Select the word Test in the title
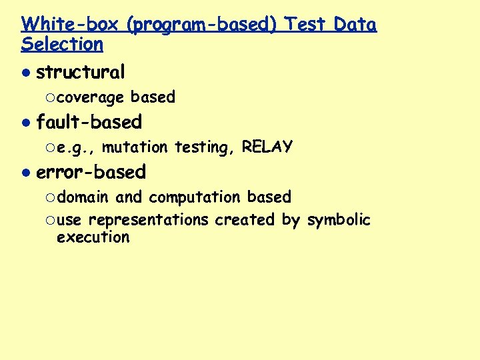pos(306,25)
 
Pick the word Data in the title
pos(355,25)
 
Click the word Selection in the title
pos(62,45)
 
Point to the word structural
pos(80,71)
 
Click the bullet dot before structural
pos(25,72)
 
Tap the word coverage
pos(90,97)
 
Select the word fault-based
pos(89,122)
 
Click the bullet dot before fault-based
pos(25,123)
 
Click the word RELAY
pos(267,147)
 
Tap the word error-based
pos(91,172)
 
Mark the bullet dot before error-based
pos(25,173)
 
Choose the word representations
pos(148,220)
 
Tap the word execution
pos(93,237)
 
